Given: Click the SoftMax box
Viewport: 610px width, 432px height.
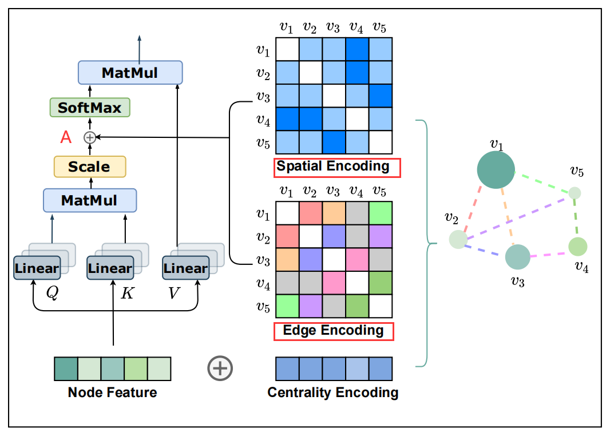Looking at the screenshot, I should pos(90,108).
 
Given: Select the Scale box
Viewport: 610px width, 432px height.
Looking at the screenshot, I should pos(89,167).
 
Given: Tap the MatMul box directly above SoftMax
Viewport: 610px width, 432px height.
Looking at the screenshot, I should pos(130,73).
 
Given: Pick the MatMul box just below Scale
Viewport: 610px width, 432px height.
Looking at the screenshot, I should pos(90,200).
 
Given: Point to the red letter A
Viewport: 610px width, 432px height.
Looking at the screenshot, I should pos(66,137).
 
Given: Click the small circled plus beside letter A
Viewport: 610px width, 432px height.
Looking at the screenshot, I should pos(90,137).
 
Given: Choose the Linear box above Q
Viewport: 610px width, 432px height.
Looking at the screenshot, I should pos(37,268).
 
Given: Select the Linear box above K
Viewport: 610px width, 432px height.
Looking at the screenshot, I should pos(110,268).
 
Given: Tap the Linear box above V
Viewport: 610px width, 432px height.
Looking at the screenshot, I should pos(185,268).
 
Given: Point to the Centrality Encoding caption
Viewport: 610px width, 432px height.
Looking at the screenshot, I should pos(332,393).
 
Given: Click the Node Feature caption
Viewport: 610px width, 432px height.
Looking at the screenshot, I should pos(112,393).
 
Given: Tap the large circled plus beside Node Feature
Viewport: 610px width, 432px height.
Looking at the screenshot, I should pos(220,368).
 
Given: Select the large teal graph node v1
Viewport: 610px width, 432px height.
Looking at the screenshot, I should pos(496,170).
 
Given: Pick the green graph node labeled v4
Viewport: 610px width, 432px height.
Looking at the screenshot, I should pos(578,246).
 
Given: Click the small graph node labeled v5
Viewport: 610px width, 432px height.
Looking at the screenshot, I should pos(575,193).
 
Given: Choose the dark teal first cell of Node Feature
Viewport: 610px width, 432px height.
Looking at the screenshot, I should pos(66,369).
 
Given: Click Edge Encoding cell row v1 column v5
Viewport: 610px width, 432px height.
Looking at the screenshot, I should pos(380,214).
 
